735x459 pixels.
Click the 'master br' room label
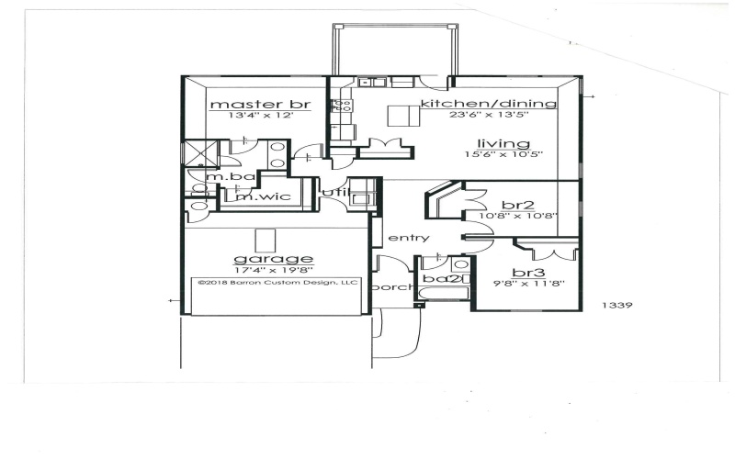pos(243,105)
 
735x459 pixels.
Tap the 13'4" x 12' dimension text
pos(243,117)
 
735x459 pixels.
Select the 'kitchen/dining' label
pos(488,104)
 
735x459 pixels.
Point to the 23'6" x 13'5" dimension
pos(501,116)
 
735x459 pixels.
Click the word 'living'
pos(503,143)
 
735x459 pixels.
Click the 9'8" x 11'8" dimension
pos(527,284)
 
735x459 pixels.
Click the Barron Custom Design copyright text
pos(278,283)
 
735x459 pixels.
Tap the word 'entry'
pos(409,238)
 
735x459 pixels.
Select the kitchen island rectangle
pos(399,116)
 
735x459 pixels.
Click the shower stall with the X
pos(197,152)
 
